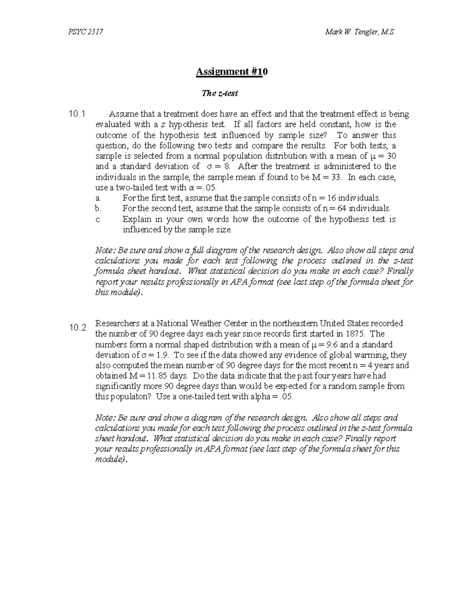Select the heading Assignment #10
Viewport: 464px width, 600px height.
[232, 72]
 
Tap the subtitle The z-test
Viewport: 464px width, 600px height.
[220, 93]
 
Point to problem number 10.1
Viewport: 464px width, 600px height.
[76, 114]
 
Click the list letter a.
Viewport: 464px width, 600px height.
[98, 198]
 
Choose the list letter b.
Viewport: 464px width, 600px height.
[98, 209]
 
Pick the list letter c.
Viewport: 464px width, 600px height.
[98, 219]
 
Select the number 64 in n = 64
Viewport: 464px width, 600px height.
[342, 209]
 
